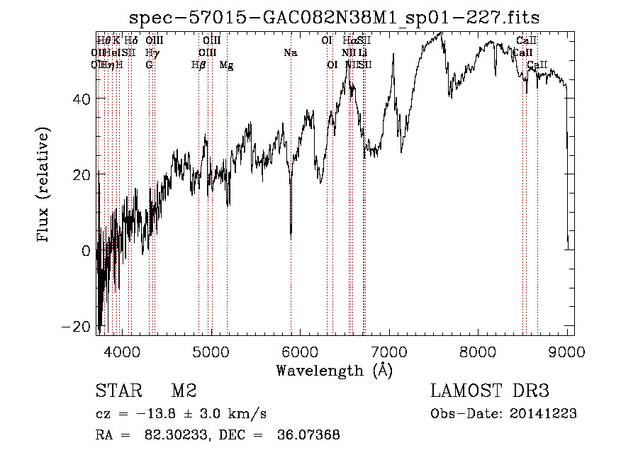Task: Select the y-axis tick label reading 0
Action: [85, 250]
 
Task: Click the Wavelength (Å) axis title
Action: [334, 370]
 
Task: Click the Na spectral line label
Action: [290, 52]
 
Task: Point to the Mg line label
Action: [226, 65]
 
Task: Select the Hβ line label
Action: [198, 65]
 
